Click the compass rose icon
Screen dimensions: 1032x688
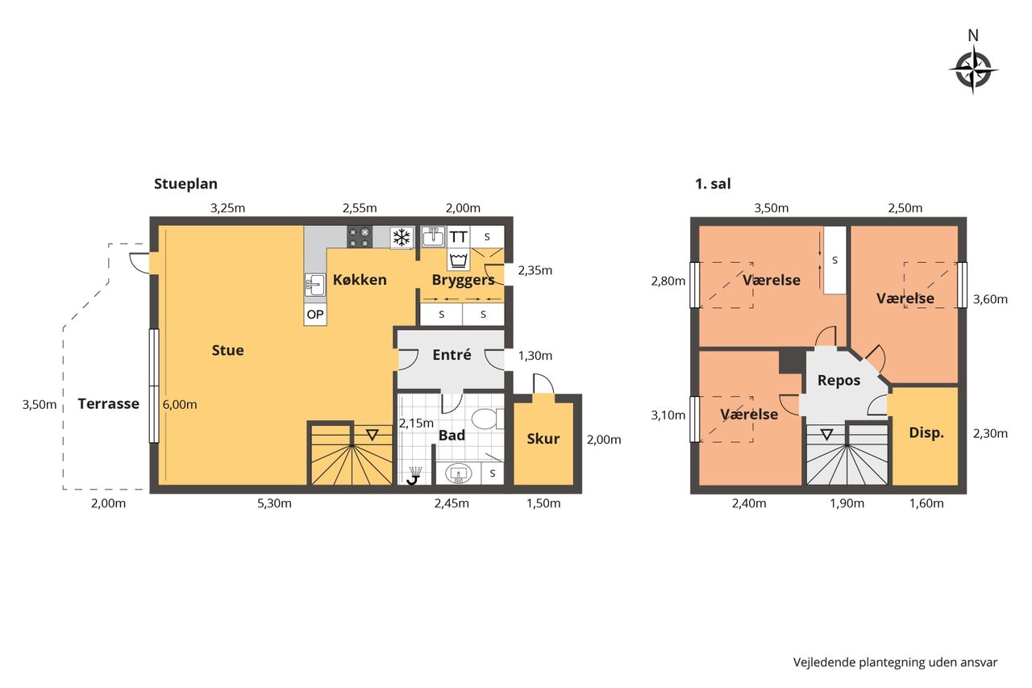click(x=972, y=70)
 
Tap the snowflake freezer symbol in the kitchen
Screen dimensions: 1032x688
click(x=402, y=237)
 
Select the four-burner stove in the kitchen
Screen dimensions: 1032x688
click(x=360, y=237)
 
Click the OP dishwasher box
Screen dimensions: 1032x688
click(x=315, y=315)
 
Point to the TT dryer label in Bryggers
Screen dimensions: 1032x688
click(x=458, y=237)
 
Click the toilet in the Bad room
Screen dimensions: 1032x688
click(x=487, y=419)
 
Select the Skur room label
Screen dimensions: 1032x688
click(x=543, y=439)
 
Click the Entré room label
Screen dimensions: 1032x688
click(x=451, y=354)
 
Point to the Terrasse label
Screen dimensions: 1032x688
click(x=108, y=403)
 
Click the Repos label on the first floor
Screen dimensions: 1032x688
click(x=838, y=381)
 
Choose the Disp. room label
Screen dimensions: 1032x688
click(x=926, y=432)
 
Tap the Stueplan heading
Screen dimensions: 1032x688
click(x=185, y=184)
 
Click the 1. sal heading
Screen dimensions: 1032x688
click(x=713, y=184)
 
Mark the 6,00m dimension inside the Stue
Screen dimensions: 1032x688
click(x=180, y=405)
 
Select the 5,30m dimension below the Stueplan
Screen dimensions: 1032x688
click(x=274, y=503)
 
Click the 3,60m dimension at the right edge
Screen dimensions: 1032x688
click(x=990, y=299)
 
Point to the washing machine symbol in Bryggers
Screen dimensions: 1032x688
click(x=459, y=260)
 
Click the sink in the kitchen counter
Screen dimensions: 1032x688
click(x=315, y=285)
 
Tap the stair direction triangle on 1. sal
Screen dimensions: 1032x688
click(x=826, y=434)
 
